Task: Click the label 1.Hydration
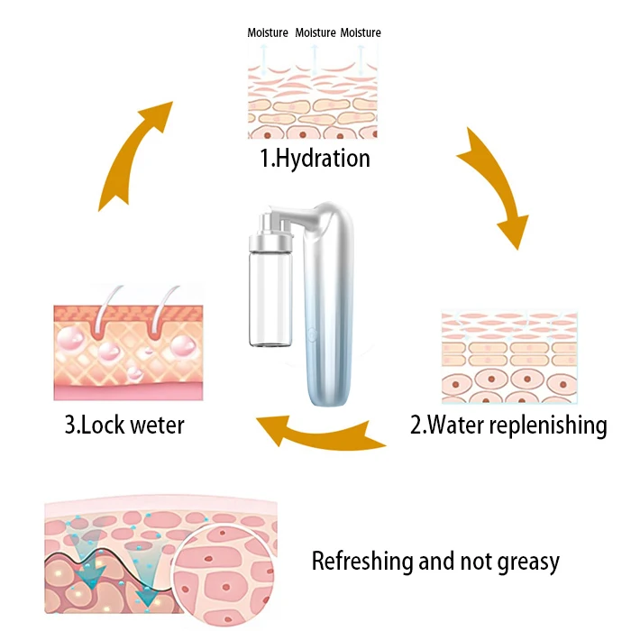point(315,159)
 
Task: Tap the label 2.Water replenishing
point(508,425)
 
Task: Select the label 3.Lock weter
point(123,425)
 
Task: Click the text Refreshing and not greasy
point(435,562)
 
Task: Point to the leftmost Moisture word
point(269,33)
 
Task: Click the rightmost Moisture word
point(361,33)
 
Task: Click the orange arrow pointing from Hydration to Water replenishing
point(493,185)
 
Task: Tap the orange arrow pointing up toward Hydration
point(133,153)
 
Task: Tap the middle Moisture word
point(315,33)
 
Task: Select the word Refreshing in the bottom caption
point(357,562)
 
